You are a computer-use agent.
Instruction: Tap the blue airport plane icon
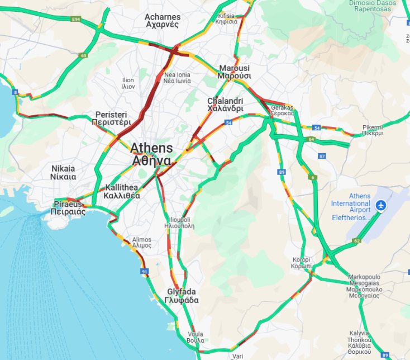click(382, 205)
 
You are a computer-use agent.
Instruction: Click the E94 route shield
click(77, 20)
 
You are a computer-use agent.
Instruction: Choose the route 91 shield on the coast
click(145, 272)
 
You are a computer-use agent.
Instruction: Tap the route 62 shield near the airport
click(357, 241)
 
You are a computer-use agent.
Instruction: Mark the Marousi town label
click(234, 72)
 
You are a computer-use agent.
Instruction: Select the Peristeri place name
click(113, 117)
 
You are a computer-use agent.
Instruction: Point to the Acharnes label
click(162, 21)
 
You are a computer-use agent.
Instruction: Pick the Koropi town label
click(302, 263)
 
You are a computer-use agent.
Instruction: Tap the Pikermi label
click(373, 130)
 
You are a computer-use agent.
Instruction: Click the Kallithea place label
click(122, 192)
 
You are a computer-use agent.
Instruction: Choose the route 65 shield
click(83, 55)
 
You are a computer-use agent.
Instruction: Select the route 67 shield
click(322, 156)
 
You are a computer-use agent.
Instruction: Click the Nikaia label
click(63, 172)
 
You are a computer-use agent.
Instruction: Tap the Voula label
click(196, 337)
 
